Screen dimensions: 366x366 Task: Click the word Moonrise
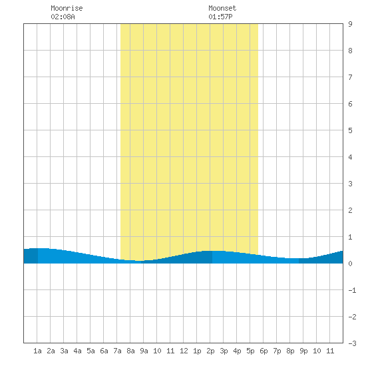pos(67,8)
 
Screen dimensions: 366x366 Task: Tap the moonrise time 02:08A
pos(63,17)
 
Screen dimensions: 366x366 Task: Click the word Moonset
pos(222,8)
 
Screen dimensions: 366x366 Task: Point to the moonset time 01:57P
pos(220,17)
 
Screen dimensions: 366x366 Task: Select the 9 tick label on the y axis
pos(350,24)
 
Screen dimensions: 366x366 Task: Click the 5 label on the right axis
pos(350,130)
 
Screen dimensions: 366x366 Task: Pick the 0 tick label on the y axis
pos(350,264)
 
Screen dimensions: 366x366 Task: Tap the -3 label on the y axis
pos(352,343)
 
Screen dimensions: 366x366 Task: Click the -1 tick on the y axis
pos(352,290)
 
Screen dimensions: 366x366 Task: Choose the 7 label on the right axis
pos(350,77)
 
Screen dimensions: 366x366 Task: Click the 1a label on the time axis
pos(37,351)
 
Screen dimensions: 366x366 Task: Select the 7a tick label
pos(117,351)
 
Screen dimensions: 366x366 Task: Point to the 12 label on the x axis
pos(184,351)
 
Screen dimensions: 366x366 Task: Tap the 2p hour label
pos(210,351)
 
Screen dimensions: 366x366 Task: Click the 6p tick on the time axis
pos(264,351)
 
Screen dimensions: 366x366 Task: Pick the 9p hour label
pos(303,351)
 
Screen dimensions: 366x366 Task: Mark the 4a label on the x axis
pos(77,351)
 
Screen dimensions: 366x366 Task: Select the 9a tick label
pos(144,351)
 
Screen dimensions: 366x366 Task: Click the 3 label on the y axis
pos(350,184)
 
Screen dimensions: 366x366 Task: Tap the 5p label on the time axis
pos(250,351)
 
